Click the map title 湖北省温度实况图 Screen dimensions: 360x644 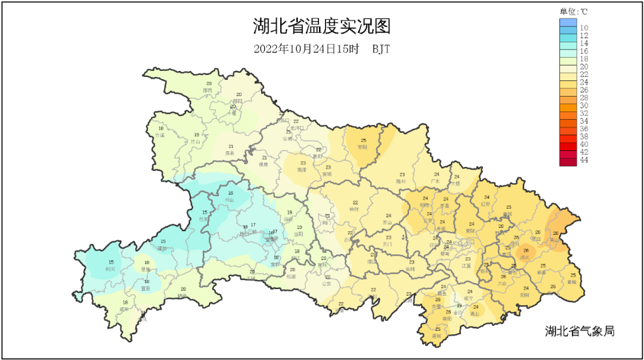[321, 27]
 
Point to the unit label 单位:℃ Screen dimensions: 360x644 [574, 11]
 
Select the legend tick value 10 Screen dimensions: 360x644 [584, 28]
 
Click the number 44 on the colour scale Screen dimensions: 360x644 [584, 160]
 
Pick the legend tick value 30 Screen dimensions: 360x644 [584, 105]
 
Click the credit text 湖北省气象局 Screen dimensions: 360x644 [579, 331]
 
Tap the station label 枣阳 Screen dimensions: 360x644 [362, 147]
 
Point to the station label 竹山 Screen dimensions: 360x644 [196, 142]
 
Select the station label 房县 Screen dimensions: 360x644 [230, 153]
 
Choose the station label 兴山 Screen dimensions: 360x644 [230, 200]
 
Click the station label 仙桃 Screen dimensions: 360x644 [410, 269]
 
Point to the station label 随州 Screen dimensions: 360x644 [401, 181]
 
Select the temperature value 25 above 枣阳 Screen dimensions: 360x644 [364, 140]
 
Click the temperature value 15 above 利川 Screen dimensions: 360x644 [111, 262]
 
